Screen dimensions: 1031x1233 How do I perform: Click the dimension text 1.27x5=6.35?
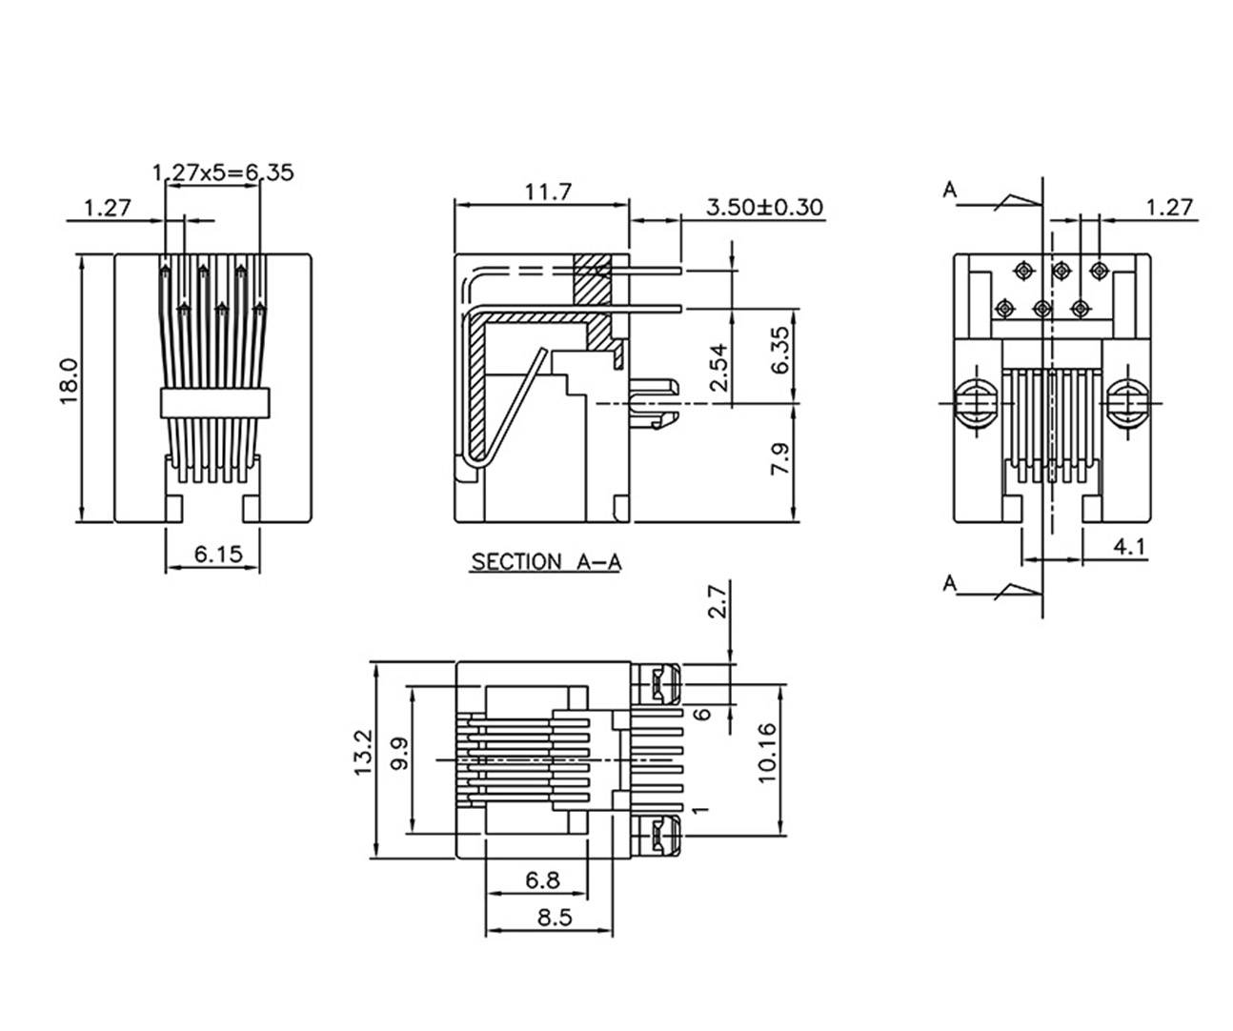pyautogui.click(x=223, y=172)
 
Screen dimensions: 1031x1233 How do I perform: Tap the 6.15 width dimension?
pyautogui.click(x=218, y=554)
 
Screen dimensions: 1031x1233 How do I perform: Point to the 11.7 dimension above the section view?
pyautogui.click(x=547, y=192)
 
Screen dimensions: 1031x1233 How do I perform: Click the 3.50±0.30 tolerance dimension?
pyautogui.click(x=764, y=207)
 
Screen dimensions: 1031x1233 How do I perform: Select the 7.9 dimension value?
pyautogui.click(x=779, y=459)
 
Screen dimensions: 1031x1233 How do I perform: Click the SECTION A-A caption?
pyautogui.click(x=546, y=562)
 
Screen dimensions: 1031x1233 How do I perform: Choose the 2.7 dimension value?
pyautogui.click(x=718, y=602)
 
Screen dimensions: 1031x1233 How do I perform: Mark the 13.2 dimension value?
pyautogui.click(x=363, y=753)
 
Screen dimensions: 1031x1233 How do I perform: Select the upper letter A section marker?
pyautogui.click(x=950, y=190)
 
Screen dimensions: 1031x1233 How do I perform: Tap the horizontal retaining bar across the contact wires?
pyautogui.click(x=215, y=403)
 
